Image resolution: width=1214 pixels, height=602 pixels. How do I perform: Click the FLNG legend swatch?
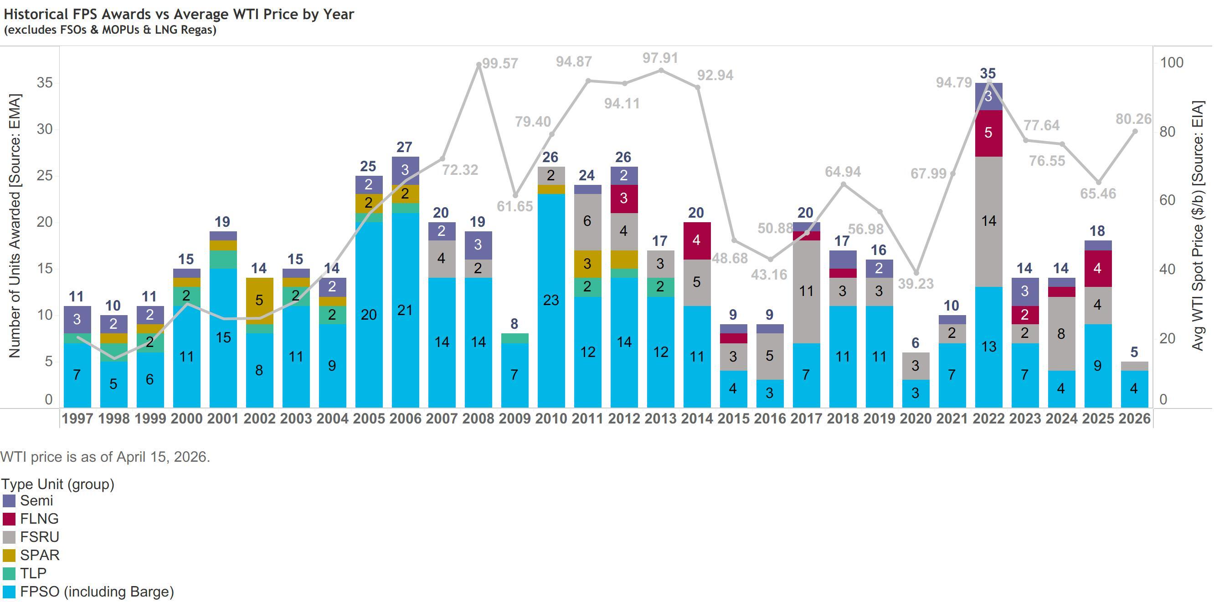pyautogui.click(x=9, y=519)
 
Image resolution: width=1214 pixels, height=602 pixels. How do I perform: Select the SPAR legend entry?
pyautogui.click(x=40, y=555)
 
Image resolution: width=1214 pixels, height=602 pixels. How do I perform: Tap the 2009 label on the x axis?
pyautogui.click(x=514, y=418)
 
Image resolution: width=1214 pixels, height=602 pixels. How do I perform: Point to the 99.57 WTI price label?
pyautogui.click(x=500, y=63)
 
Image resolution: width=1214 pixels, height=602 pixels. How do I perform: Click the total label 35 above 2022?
pyautogui.click(x=988, y=73)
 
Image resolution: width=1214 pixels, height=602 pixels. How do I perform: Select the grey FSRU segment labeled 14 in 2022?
pyautogui.click(x=988, y=221)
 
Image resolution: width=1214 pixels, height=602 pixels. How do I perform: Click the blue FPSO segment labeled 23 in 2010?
pyautogui.click(x=551, y=300)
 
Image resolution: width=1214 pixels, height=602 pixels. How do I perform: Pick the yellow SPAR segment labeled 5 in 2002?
pyautogui.click(x=259, y=300)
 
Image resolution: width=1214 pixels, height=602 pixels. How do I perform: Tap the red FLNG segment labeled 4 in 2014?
pyautogui.click(x=696, y=240)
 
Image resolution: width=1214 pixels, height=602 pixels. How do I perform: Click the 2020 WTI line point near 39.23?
pyautogui.click(x=916, y=273)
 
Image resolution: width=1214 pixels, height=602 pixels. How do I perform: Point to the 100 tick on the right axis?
pyautogui.click(x=1172, y=62)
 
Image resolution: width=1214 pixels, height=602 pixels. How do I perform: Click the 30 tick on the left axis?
pyautogui.click(x=45, y=129)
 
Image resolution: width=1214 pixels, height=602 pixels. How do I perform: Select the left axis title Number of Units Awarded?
pyautogui.click(x=14, y=226)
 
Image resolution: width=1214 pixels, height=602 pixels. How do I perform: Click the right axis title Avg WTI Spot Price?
pyautogui.click(x=1198, y=226)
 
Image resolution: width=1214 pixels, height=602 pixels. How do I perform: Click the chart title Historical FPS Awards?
pyautogui.click(x=179, y=14)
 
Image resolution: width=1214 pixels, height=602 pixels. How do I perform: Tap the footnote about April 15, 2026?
pyautogui.click(x=105, y=456)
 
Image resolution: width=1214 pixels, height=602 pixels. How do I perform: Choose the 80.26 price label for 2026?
pyautogui.click(x=1133, y=119)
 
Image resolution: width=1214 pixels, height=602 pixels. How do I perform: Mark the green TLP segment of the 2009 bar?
pyautogui.click(x=514, y=338)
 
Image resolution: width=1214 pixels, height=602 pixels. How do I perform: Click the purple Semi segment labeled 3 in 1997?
pyautogui.click(x=77, y=319)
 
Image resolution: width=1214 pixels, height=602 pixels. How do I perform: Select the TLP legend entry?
pyautogui.click(x=33, y=573)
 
